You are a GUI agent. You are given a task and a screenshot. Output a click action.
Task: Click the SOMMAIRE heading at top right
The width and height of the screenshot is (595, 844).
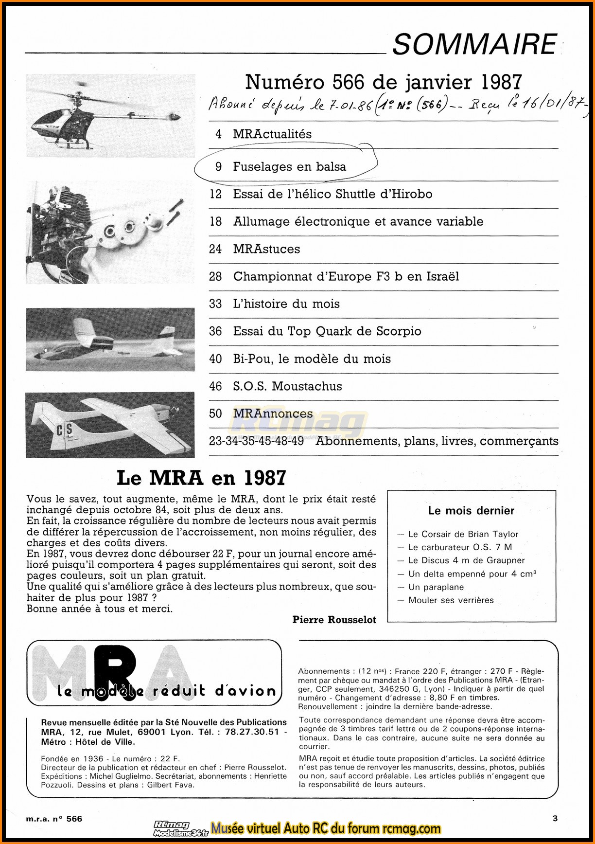click(474, 44)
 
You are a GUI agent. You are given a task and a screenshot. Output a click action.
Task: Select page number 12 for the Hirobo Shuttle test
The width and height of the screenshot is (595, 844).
click(215, 194)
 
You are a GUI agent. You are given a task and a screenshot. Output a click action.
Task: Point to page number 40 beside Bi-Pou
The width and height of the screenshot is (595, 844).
click(215, 359)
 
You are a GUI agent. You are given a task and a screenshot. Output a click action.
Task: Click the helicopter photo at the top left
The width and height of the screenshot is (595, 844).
click(110, 115)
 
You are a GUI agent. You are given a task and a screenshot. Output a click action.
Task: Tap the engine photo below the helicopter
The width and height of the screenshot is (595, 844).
click(110, 232)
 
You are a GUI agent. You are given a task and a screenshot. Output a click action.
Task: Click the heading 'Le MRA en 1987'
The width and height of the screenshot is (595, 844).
click(201, 478)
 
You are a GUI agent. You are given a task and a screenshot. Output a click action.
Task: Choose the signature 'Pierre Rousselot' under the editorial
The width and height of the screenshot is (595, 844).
click(334, 619)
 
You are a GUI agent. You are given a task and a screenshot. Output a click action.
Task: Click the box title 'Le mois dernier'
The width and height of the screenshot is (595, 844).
click(471, 511)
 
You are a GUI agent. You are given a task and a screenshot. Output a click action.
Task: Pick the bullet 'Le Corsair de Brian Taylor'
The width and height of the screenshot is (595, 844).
click(463, 534)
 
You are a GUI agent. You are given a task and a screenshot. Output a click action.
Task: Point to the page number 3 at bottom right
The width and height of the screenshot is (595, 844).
click(555, 818)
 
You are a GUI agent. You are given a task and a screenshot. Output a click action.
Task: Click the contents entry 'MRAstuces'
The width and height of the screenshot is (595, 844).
click(266, 249)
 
